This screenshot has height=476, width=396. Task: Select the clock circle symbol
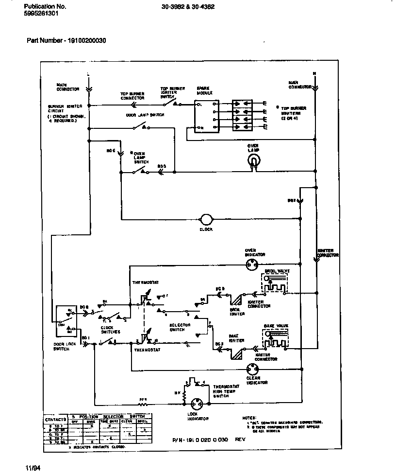click(206, 219)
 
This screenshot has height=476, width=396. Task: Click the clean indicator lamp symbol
click(252, 369)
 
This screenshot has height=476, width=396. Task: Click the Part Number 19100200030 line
click(66, 40)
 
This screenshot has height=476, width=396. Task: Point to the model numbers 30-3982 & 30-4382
click(188, 7)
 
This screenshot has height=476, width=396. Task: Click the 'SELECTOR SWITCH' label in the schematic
click(180, 327)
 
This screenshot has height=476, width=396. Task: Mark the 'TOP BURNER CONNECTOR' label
click(132, 96)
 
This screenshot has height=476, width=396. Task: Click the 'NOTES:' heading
click(248, 418)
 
